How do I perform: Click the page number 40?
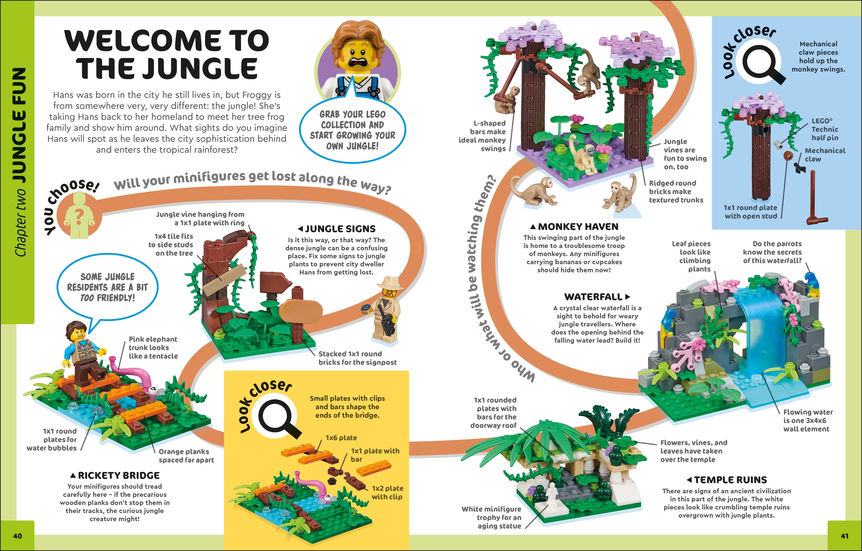17,536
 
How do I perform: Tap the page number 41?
844,536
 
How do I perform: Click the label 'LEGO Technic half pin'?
825,129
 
